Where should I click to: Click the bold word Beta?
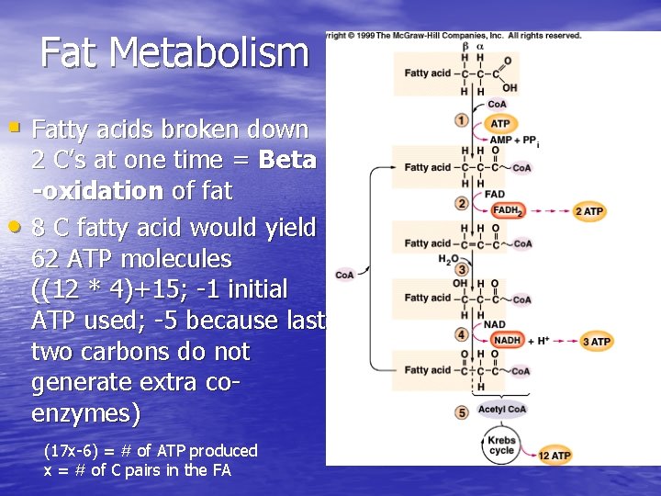287,160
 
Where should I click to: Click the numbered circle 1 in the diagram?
462,120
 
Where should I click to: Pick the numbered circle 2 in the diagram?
462,203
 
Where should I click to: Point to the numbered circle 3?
462,270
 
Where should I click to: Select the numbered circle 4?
462,334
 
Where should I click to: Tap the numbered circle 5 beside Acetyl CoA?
462,412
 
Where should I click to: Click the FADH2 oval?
508,210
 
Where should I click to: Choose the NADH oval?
507,341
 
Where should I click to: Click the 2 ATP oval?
588,211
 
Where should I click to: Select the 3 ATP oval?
596,342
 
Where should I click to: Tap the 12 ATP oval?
555,456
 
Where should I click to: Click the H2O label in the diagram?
448,259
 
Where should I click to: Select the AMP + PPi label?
513,141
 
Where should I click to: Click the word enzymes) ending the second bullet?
85,414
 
